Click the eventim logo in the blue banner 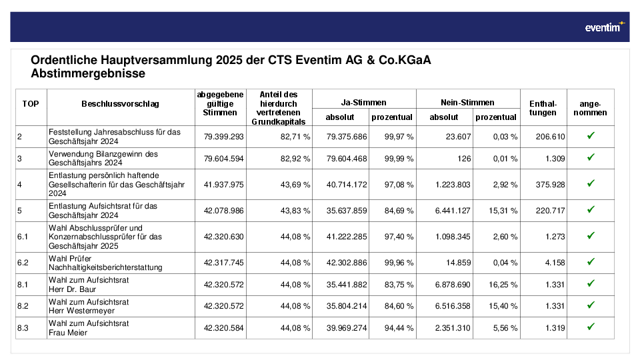point(605,27)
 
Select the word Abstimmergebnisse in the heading point(88,73)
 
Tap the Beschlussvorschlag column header point(120,104)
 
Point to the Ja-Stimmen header point(364,103)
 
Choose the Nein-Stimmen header point(467,103)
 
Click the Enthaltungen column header point(543,108)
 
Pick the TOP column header point(31,104)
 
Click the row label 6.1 point(23,237)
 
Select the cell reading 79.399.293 point(224,137)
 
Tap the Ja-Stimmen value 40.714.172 point(347,185)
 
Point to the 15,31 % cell point(503,211)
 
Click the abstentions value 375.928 point(550,185)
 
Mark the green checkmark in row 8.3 point(591,327)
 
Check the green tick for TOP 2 point(591,135)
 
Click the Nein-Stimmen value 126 point(464,159)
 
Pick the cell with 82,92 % point(295,159)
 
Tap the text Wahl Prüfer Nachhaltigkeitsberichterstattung point(105,263)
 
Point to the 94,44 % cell point(399,328)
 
